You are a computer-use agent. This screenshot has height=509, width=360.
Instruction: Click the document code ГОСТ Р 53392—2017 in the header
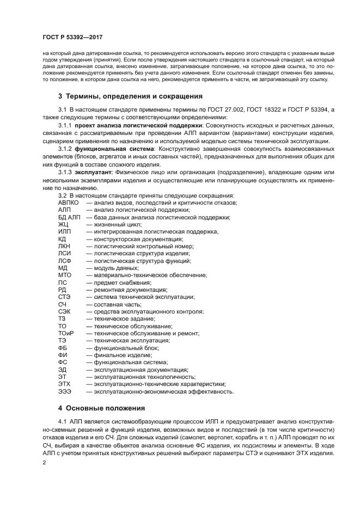click(x=72, y=37)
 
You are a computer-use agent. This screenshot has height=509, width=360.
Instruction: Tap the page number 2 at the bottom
click(x=45, y=462)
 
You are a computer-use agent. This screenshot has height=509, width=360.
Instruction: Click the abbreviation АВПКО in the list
click(x=69, y=203)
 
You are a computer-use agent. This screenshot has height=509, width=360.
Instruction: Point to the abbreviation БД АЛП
click(x=69, y=217)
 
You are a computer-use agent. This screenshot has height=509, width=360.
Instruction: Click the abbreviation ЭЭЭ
click(x=65, y=391)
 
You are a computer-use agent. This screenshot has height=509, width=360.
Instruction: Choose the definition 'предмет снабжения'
click(x=122, y=283)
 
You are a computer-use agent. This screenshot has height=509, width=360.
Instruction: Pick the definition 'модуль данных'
click(x=116, y=268)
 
